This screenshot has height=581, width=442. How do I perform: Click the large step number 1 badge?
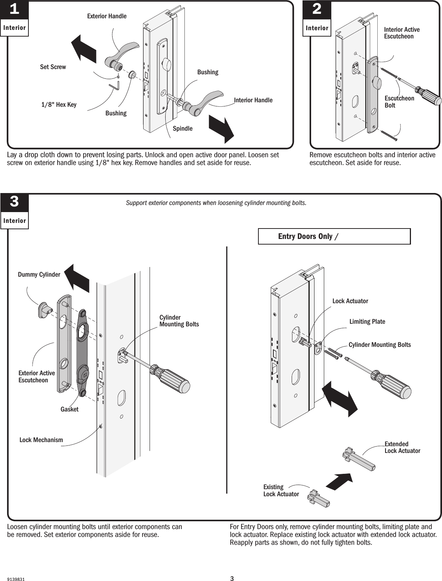(14, 10)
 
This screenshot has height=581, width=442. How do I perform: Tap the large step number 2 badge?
(316, 10)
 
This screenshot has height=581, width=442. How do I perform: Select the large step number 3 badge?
(14, 202)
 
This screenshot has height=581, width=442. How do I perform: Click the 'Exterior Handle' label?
(107, 16)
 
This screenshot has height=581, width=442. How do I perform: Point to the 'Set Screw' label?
(53, 67)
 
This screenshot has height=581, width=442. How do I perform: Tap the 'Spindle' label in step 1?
(182, 128)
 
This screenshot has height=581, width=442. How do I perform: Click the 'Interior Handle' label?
(253, 100)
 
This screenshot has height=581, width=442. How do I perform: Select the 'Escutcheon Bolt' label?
(399, 102)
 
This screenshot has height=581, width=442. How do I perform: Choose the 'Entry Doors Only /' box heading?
(309, 236)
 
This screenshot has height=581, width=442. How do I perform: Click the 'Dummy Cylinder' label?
(39, 274)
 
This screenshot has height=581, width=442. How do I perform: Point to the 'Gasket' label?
(70, 409)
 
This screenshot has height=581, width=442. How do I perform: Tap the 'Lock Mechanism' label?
(41, 440)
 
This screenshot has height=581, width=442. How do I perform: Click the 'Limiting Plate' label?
(367, 321)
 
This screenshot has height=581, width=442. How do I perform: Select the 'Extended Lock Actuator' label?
(402, 447)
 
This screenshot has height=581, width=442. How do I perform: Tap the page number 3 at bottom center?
(231, 579)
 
